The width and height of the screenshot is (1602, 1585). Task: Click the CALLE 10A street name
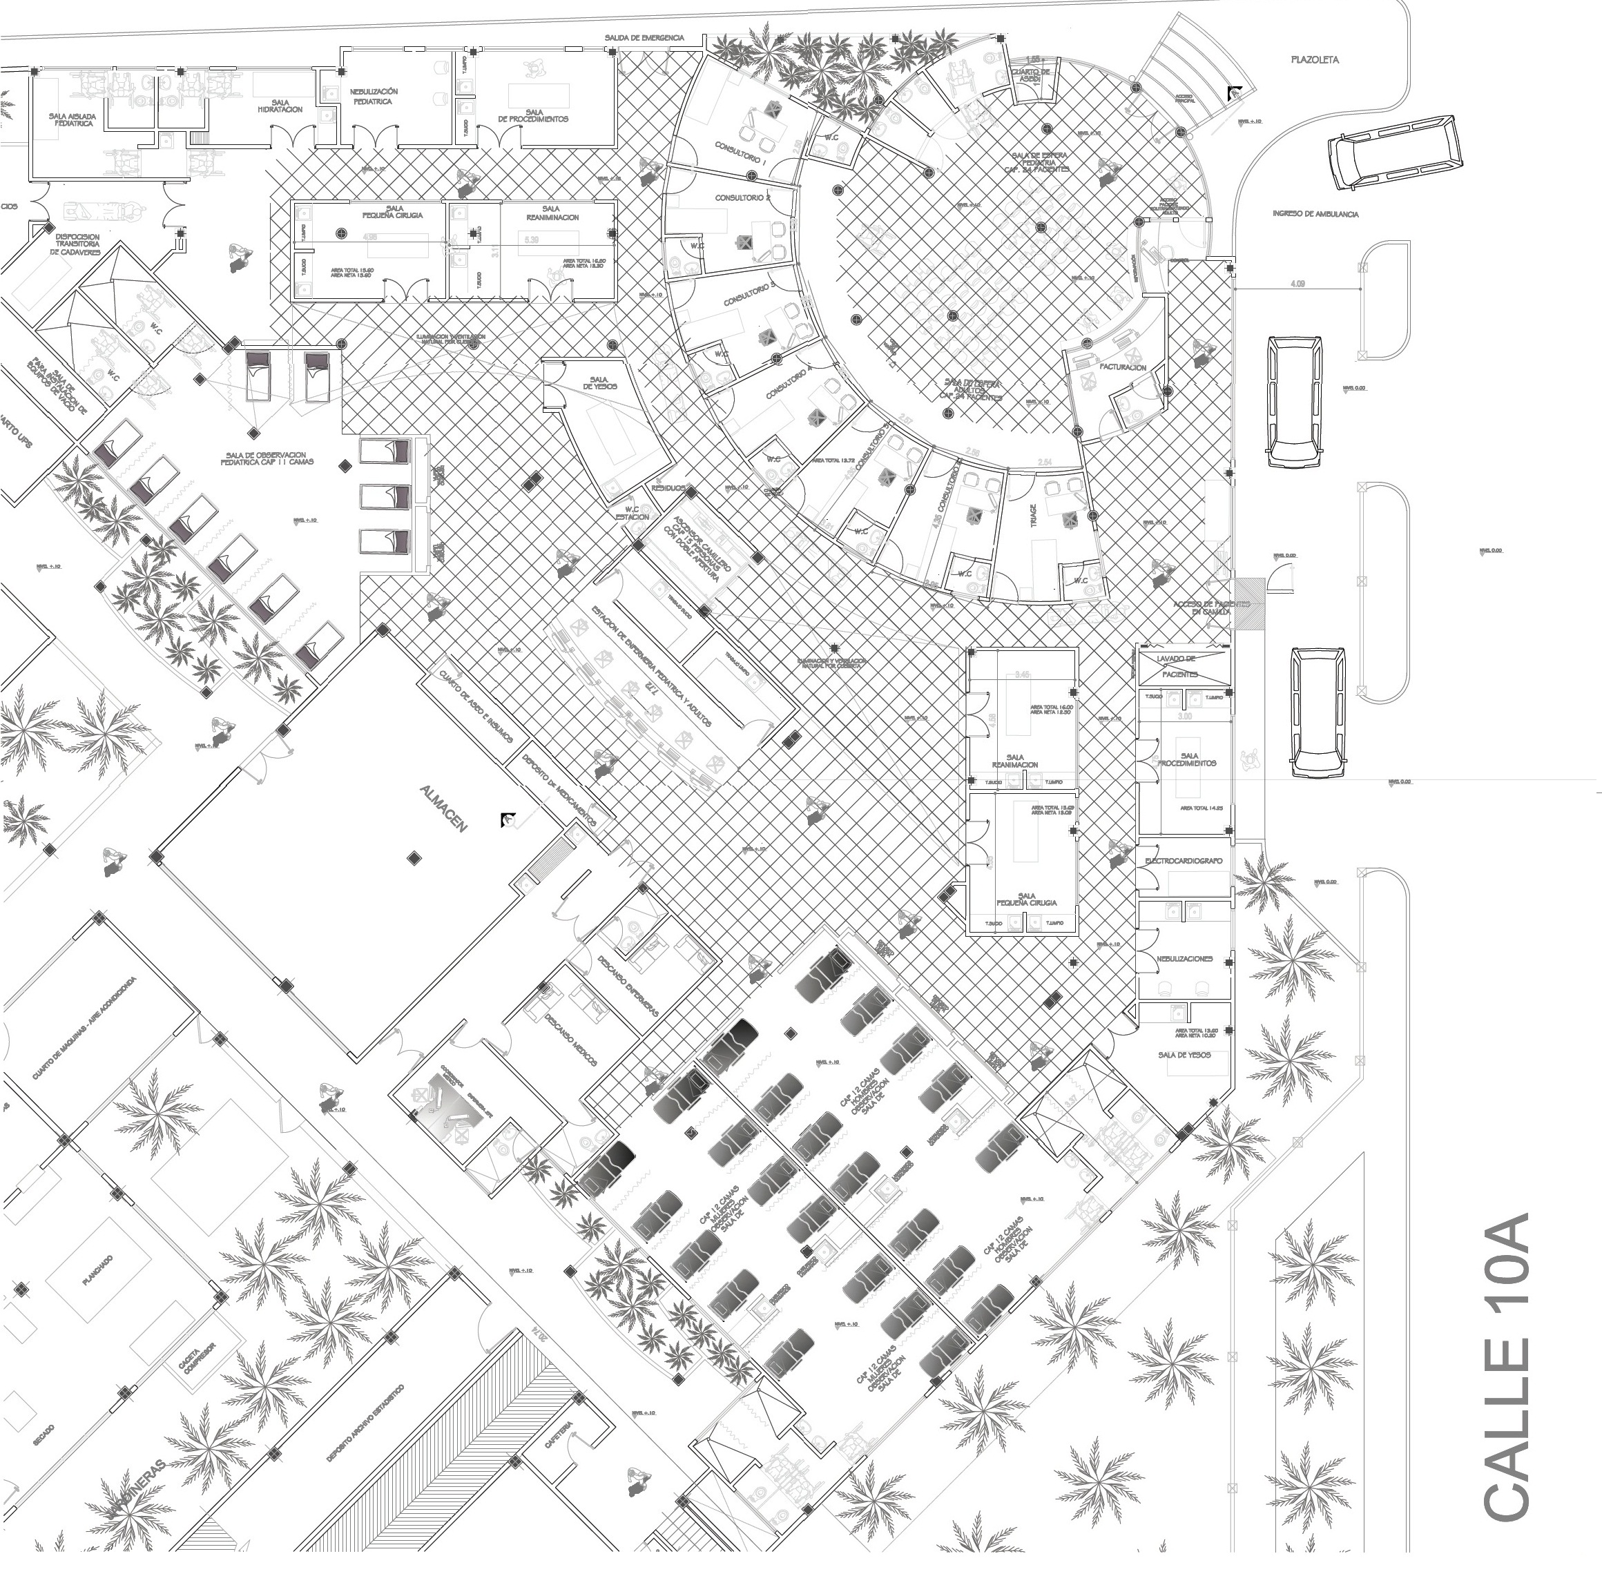tap(1506, 1367)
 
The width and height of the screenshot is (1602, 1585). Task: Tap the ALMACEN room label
tap(443, 808)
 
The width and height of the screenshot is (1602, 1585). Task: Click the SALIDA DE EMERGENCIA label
tap(644, 38)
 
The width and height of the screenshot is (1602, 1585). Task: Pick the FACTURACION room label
tap(1123, 367)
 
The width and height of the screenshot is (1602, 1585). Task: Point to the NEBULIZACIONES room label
tap(1185, 959)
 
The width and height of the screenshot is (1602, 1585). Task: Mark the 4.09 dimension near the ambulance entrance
tap(1297, 284)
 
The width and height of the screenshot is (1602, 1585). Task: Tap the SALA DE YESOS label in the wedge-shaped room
tap(599, 382)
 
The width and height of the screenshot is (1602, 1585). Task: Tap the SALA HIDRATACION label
tap(280, 106)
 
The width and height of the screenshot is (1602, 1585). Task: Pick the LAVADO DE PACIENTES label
tap(1180, 666)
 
